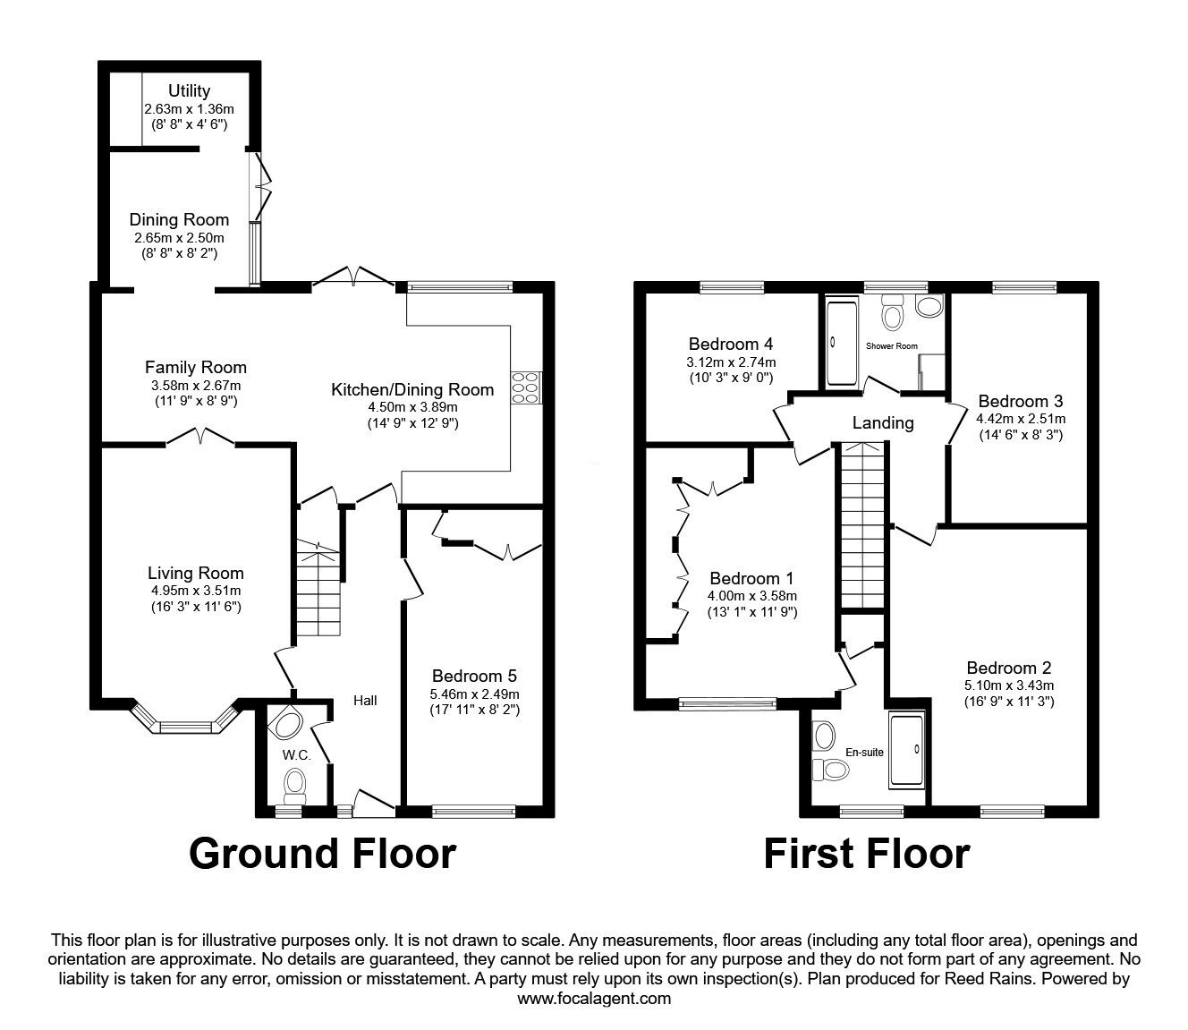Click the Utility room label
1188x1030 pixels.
tap(189, 91)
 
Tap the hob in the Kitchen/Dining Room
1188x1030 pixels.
tap(526, 387)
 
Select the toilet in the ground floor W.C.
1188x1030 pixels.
tap(295, 787)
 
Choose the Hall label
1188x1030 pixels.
tap(365, 700)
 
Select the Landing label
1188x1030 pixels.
tap(883, 423)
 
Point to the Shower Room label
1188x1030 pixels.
tap(891, 345)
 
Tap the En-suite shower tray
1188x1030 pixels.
tap(906, 750)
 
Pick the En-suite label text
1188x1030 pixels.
tap(864, 752)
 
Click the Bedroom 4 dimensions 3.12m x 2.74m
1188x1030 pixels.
tap(731, 362)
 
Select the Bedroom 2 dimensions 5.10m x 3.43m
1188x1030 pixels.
tap(1009, 685)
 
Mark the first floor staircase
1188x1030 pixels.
tap(862, 524)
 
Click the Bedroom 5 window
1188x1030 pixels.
tap(473, 812)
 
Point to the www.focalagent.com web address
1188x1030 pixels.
tap(594, 999)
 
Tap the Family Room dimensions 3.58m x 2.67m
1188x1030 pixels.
tap(196, 386)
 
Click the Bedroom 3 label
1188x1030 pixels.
tap(1020, 401)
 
